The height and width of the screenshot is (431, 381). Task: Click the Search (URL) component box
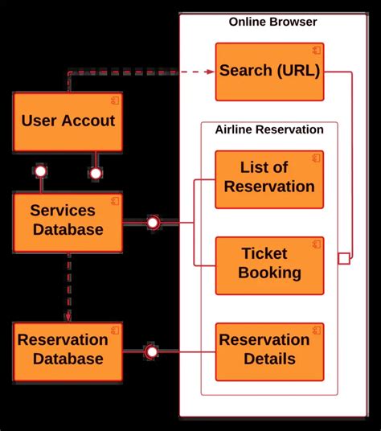click(269, 72)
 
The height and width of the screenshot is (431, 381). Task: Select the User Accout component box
click(68, 122)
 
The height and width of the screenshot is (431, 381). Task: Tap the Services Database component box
click(68, 221)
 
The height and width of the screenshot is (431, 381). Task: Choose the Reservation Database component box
click(68, 351)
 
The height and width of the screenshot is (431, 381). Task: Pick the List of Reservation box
click(269, 179)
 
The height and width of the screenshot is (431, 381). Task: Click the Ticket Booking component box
click(269, 265)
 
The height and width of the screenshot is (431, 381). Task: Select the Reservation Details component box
click(269, 351)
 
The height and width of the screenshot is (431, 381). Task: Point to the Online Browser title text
click(272, 22)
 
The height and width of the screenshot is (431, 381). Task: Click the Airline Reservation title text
click(269, 129)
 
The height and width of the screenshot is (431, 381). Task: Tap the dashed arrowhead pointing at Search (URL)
click(211, 72)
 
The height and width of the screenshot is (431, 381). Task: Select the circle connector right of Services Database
click(153, 222)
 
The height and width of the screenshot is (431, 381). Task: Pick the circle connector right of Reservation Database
click(150, 351)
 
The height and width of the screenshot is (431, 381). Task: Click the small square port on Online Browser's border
click(344, 258)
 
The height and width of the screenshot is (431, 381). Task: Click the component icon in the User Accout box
click(114, 100)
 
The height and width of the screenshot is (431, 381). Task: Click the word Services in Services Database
click(63, 211)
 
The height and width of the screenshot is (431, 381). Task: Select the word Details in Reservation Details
click(269, 359)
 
